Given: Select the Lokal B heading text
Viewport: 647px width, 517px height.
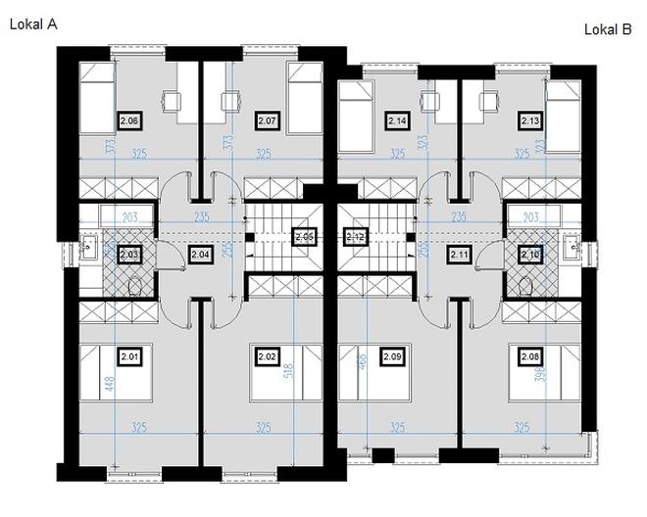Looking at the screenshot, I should coord(608,29).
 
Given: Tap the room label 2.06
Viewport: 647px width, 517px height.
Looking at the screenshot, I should coord(129,120).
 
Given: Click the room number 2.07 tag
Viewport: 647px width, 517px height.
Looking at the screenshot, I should coord(268,120).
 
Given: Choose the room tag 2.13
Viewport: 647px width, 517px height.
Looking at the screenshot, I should coord(530,120).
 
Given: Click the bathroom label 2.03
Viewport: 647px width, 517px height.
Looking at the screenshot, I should coord(129,255).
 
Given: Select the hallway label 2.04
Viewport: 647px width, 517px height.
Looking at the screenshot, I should coord(200,255).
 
